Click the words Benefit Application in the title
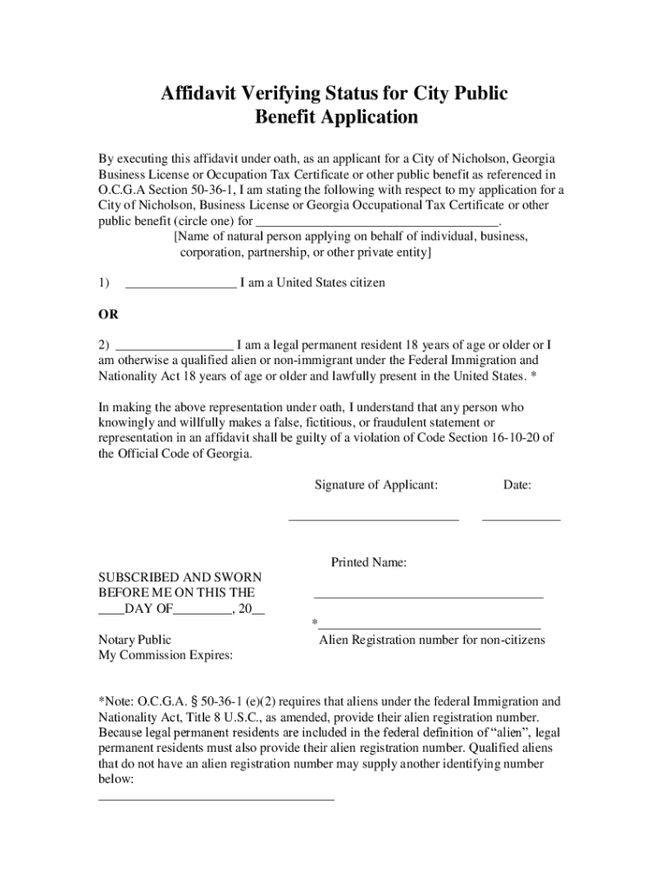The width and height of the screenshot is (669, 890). click(336, 117)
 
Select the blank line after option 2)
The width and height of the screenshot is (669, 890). click(174, 349)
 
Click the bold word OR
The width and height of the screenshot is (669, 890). click(109, 314)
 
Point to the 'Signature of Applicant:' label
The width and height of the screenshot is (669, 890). click(376, 485)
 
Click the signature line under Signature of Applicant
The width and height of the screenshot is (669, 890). click(373, 520)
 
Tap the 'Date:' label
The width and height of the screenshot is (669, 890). click(517, 485)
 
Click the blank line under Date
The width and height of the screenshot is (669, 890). click(520, 520)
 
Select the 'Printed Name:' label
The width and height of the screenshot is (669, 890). click(368, 562)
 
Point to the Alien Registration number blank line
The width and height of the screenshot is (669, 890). click(429, 627)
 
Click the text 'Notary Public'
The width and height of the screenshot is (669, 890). click(135, 640)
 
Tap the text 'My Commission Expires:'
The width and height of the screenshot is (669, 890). click(165, 655)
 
